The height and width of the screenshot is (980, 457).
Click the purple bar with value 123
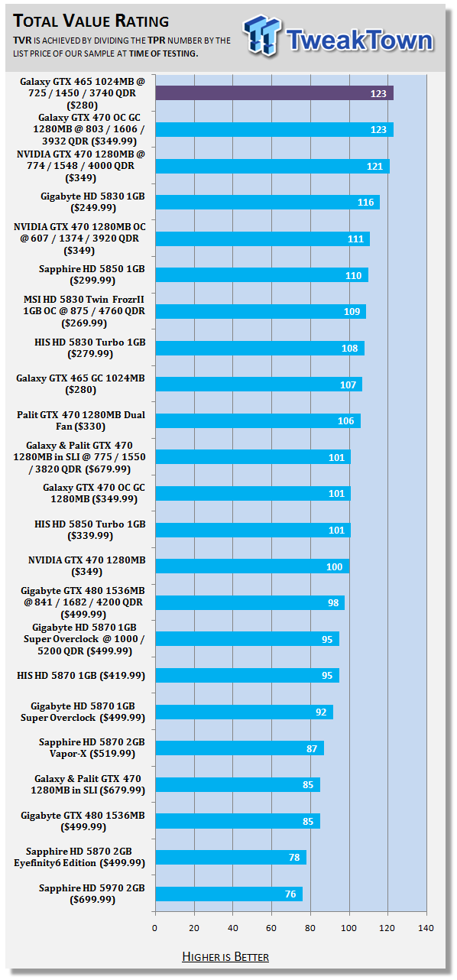tap(274, 93)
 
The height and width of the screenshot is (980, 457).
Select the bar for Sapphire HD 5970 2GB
tap(228, 894)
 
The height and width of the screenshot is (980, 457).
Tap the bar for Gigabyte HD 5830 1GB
tap(267, 202)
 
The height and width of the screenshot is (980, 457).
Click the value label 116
tap(365, 203)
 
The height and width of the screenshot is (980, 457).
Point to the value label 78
tap(294, 858)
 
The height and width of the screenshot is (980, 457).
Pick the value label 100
tap(335, 567)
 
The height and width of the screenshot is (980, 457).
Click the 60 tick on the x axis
tap(271, 928)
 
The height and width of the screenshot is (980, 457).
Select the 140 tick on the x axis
tap(426, 928)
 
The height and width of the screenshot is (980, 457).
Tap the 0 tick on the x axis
tap(154, 928)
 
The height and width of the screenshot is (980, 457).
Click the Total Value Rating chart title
tap(91, 21)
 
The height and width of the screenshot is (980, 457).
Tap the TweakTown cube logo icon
tap(261, 36)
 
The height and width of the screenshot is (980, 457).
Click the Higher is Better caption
tap(225, 957)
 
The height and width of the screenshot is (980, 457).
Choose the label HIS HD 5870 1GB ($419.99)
tap(81, 676)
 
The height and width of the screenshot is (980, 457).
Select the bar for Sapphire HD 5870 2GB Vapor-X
tap(240, 748)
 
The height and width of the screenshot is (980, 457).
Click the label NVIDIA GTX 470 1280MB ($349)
tap(86, 566)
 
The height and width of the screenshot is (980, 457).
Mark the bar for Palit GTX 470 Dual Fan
tap(258, 421)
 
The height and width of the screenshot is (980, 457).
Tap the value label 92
tap(321, 712)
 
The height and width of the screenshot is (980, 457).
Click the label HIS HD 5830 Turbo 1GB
tap(90, 348)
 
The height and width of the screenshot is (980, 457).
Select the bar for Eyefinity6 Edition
tap(231, 857)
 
